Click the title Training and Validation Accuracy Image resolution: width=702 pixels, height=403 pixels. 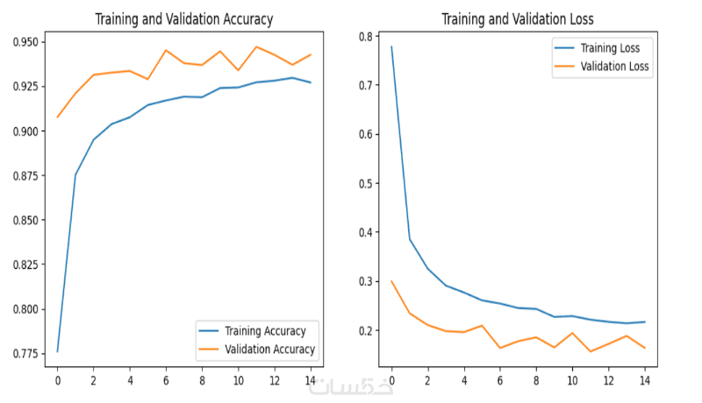click(183, 18)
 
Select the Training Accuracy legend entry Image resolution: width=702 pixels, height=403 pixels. click(263, 331)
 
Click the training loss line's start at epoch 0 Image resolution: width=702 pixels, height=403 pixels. click(391, 46)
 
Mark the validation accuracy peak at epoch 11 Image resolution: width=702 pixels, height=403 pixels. click(256, 46)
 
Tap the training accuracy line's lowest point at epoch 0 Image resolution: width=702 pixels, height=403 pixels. click(57, 351)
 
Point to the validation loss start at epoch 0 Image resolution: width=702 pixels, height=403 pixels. click(391, 281)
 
